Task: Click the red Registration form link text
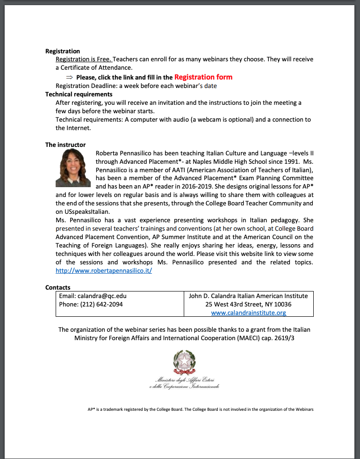pyautogui.click(x=203, y=77)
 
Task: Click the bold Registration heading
pyautogui.click(x=63, y=51)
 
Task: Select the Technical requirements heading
pyautogui.click(x=79, y=94)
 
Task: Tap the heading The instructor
pyautogui.click(x=65, y=145)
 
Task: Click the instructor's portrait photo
pyautogui.click(x=73, y=168)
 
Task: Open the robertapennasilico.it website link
pyautogui.click(x=104, y=271)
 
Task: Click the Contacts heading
pyautogui.click(x=58, y=287)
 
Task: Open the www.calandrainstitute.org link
pyautogui.click(x=248, y=313)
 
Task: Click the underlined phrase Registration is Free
pyautogui.click(x=84, y=59)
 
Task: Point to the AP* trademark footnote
pyautogui.click(x=200, y=409)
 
